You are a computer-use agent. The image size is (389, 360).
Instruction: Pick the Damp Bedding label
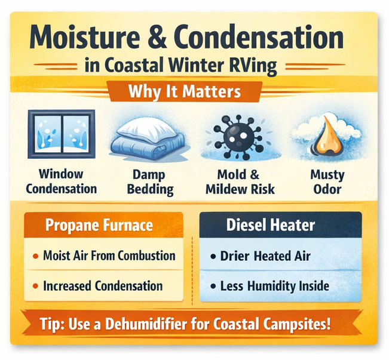point(152,182)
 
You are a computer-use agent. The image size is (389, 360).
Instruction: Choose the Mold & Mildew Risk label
point(239,182)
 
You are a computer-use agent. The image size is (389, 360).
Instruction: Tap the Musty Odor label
point(327,182)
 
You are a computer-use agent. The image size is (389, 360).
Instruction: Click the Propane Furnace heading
point(99,226)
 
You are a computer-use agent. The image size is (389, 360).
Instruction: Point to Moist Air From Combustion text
point(109,256)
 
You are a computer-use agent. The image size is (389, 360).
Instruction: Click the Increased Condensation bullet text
point(103,286)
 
